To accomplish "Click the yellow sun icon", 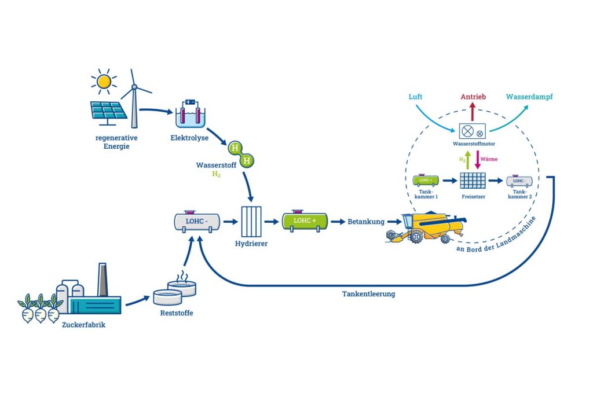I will pos(104,82).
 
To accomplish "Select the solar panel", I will pos(108,111).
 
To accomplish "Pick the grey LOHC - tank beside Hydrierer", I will pos(197,220).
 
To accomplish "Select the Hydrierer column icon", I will pos(252,220).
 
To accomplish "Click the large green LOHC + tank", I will pos(304,220).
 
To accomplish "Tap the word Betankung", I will pos(365,222).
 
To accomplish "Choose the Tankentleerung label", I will pos(368,294).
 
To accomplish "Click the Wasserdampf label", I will pos(529,97).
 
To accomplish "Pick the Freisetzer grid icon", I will pos(472,181).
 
